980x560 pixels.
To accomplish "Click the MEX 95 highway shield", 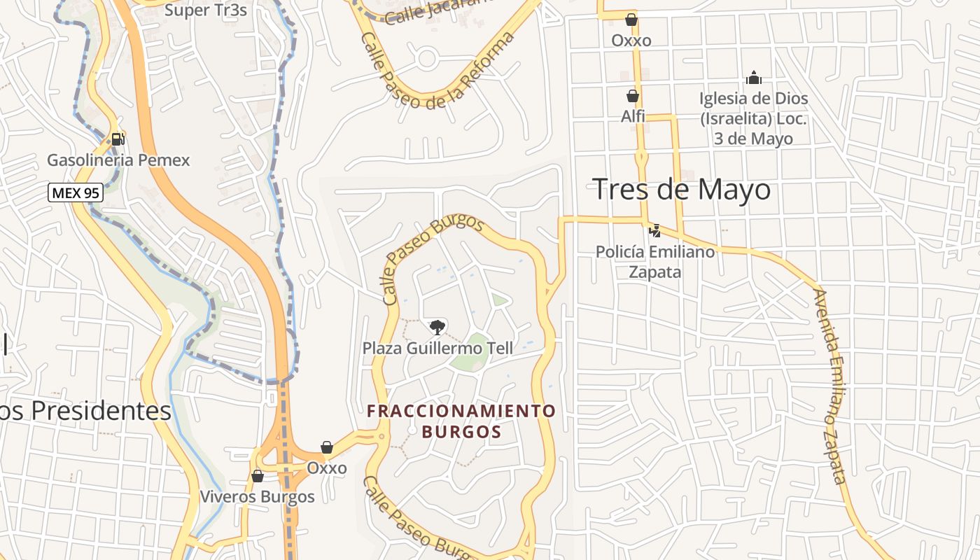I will pos(76,192).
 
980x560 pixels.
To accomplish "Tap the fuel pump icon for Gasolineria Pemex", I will pos(118,139).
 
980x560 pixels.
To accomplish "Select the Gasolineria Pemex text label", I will pos(118,160).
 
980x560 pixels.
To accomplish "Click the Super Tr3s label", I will pos(206,10).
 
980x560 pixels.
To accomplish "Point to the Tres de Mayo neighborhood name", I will pos(681,190).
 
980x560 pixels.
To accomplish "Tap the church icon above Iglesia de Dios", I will pos(753,77).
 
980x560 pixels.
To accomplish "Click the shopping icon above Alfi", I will pos(633,96).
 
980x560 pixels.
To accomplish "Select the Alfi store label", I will pos(633,116).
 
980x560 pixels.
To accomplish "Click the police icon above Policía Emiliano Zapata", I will pos(655,230).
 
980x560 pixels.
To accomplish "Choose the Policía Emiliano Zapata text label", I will pos(655,261).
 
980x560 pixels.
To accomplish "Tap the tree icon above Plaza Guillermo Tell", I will pos(437,326).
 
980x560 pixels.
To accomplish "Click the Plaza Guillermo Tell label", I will pos(437,348).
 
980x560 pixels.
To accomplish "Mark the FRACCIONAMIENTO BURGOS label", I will pos(461,421).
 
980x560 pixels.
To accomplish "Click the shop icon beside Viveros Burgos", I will pos(258,476).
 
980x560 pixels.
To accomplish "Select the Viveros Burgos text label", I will pos(258,497).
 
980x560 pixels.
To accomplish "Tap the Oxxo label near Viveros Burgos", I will pos(327,468).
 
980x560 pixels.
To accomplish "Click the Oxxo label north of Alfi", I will pos(631,41).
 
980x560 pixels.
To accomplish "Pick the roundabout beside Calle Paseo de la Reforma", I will pos(427,59).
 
